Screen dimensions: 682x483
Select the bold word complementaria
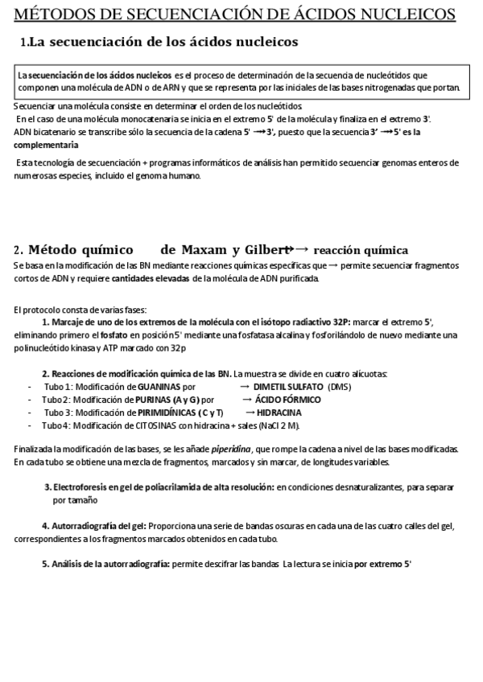[x=47, y=145]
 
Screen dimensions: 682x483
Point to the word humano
[x=181, y=175]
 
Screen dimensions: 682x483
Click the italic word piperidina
[x=233, y=449]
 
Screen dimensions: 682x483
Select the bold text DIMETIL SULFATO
[x=289, y=386]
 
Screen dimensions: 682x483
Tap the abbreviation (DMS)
[x=339, y=386]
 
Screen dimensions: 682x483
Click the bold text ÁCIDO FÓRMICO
[x=287, y=399]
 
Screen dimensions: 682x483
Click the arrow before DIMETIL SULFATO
[x=246, y=386]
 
